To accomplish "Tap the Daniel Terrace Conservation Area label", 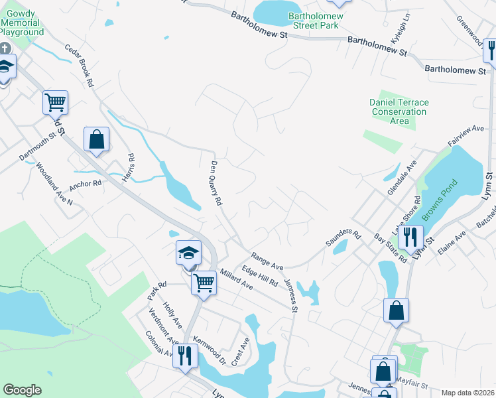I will point(399,111).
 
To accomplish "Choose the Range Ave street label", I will point(267,261).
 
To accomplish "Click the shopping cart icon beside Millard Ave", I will point(204,282).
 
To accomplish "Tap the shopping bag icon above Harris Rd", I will point(96,139).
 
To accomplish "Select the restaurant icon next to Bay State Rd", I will point(410,235).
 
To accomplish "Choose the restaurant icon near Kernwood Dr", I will point(185,356).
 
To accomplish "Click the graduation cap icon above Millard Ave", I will point(188,252).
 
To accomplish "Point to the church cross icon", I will point(5,48).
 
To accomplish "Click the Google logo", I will point(22,390).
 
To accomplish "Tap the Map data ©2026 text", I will point(467,393).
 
